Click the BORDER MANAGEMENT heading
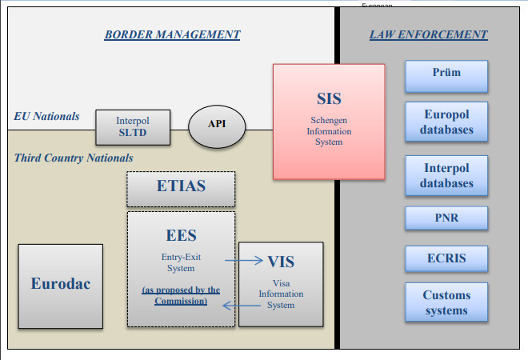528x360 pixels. [172, 34]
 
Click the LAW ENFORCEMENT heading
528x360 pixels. [428, 34]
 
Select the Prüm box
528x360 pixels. [446, 74]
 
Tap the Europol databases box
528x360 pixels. [446, 122]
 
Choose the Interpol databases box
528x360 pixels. [446, 176]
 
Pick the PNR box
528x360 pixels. [446, 217]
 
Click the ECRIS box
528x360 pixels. [446, 258]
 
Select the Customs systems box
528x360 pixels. [446, 302]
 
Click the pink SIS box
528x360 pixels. [328, 121]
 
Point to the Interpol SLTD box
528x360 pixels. [132, 126]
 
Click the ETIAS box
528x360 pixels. [181, 188]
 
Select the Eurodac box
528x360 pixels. [61, 283]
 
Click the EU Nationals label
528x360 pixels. [46, 116]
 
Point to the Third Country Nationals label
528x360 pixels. [74, 158]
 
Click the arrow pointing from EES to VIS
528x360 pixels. [243, 260]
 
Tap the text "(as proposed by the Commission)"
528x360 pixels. [181, 295]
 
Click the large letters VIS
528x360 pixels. [282, 261]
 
